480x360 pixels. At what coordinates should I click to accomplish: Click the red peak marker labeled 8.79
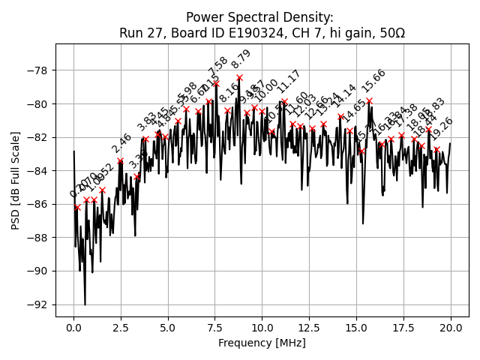click(x=239, y=77)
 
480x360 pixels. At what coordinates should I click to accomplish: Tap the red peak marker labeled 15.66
click(x=369, y=100)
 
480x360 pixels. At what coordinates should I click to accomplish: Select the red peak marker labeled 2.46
click(x=120, y=160)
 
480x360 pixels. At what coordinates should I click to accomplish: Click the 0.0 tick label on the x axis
click(x=73, y=328)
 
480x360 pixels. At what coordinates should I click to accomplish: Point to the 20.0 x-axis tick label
click(x=451, y=328)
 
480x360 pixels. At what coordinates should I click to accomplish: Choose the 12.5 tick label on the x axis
click(x=309, y=328)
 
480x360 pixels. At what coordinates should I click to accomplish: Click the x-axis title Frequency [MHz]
click(x=262, y=343)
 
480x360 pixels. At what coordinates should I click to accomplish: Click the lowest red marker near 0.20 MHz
click(x=77, y=207)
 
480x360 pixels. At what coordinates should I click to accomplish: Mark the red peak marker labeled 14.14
click(x=340, y=116)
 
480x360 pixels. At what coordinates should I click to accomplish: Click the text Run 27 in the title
click(x=139, y=33)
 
